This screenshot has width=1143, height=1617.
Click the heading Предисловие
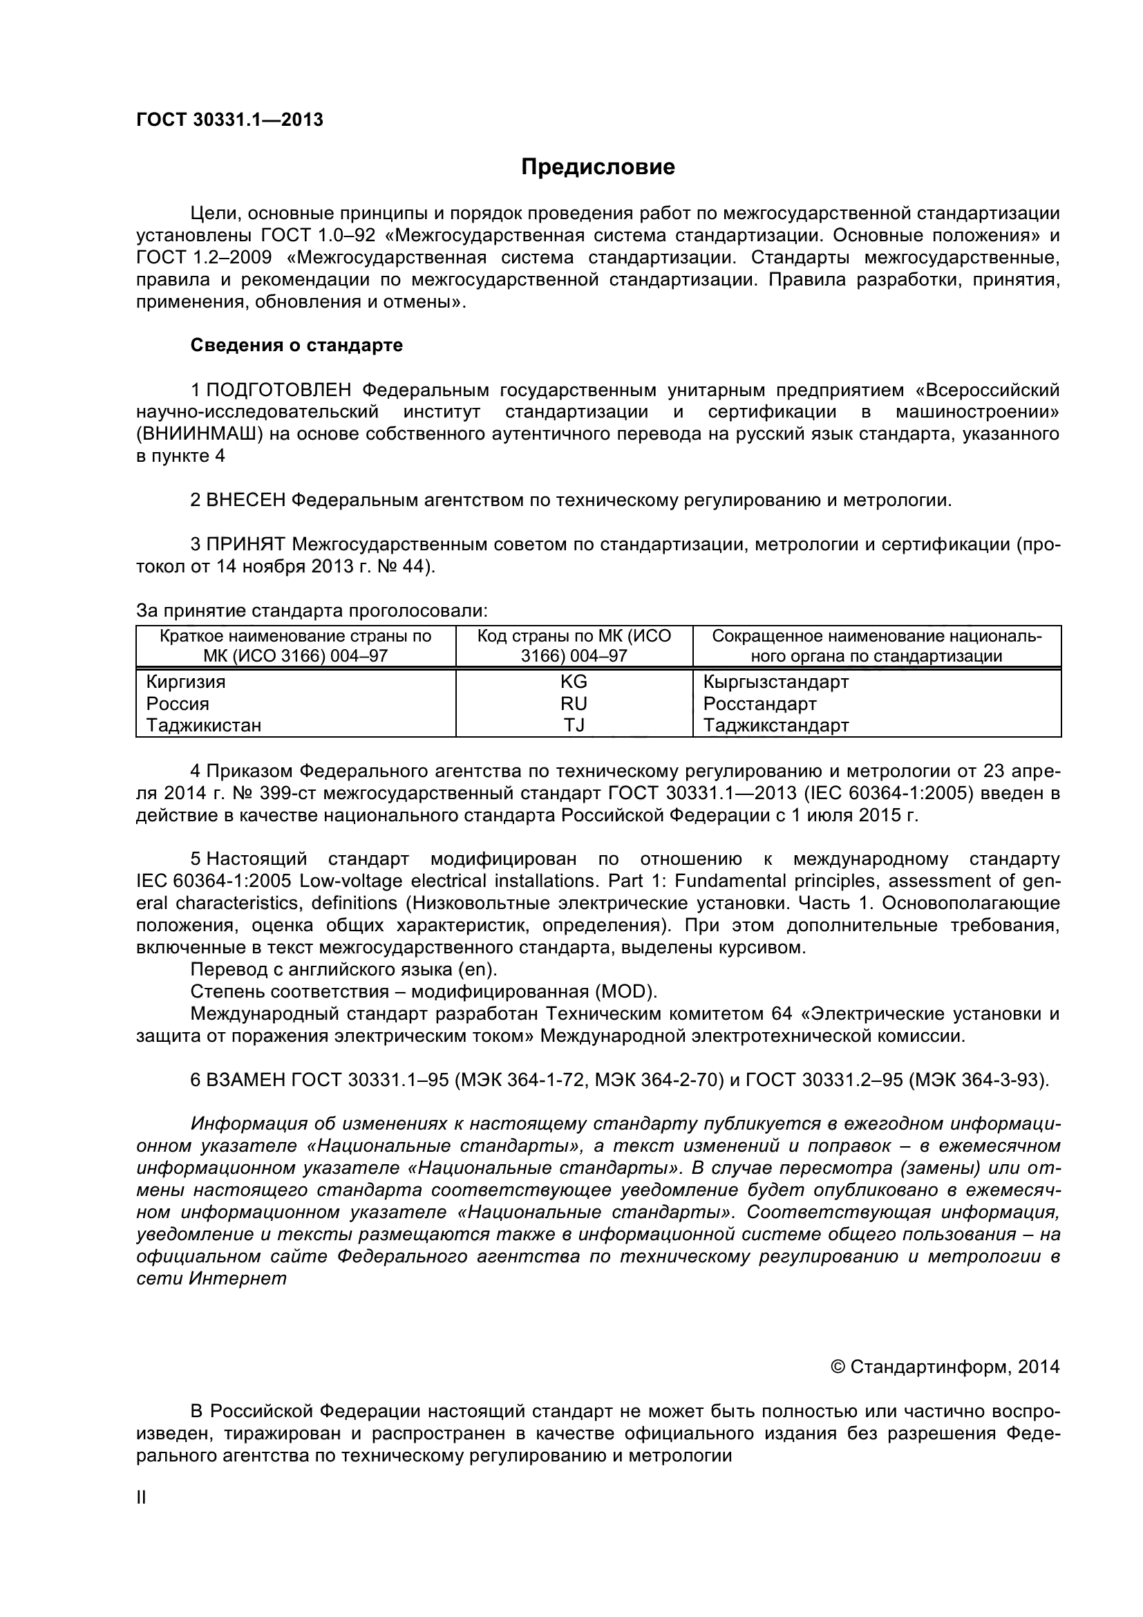tap(598, 167)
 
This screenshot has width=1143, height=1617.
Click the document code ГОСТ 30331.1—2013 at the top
tap(229, 120)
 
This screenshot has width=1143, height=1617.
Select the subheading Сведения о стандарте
tap(296, 345)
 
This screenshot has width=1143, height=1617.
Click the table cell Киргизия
tap(186, 682)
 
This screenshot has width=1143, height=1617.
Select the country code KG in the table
tap(574, 682)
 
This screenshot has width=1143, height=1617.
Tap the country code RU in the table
tap(574, 704)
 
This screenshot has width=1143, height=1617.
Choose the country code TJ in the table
tap(574, 725)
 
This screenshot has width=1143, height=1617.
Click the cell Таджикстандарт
tap(775, 725)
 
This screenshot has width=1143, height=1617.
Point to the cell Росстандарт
tap(759, 704)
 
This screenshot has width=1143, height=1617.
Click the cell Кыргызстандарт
tap(775, 682)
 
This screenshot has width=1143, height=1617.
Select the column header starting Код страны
tap(574, 646)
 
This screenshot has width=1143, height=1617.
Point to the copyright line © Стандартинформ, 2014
tap(945, 1366)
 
